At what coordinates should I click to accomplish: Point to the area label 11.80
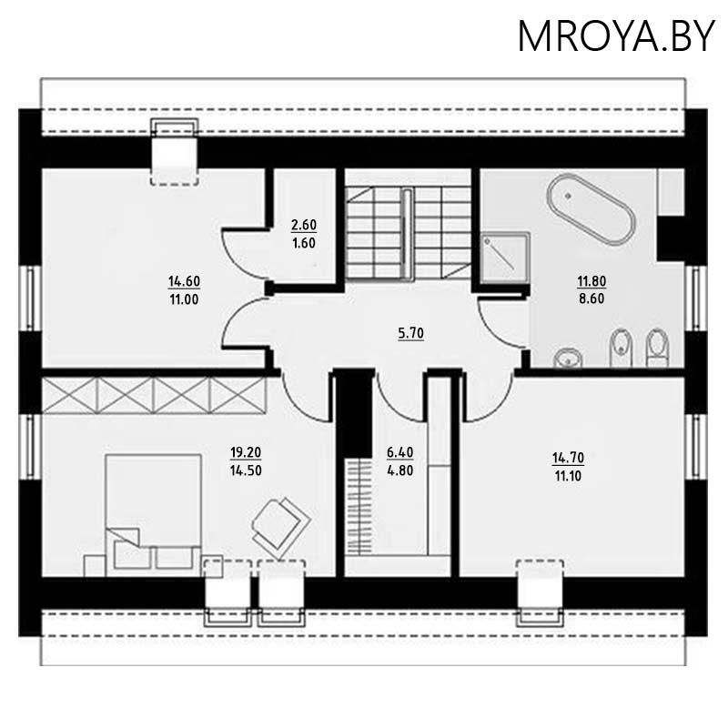click(590, 281)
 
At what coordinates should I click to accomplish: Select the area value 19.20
click(247, 451)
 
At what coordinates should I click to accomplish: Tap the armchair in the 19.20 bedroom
click(277, 522)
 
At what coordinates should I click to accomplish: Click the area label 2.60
click(303, 224)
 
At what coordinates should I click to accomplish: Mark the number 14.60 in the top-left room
click(183, 282)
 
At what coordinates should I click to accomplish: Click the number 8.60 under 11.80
click(590, 297)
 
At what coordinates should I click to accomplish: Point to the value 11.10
click(569, 474)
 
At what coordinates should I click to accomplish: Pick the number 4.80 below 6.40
click(400, 471)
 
